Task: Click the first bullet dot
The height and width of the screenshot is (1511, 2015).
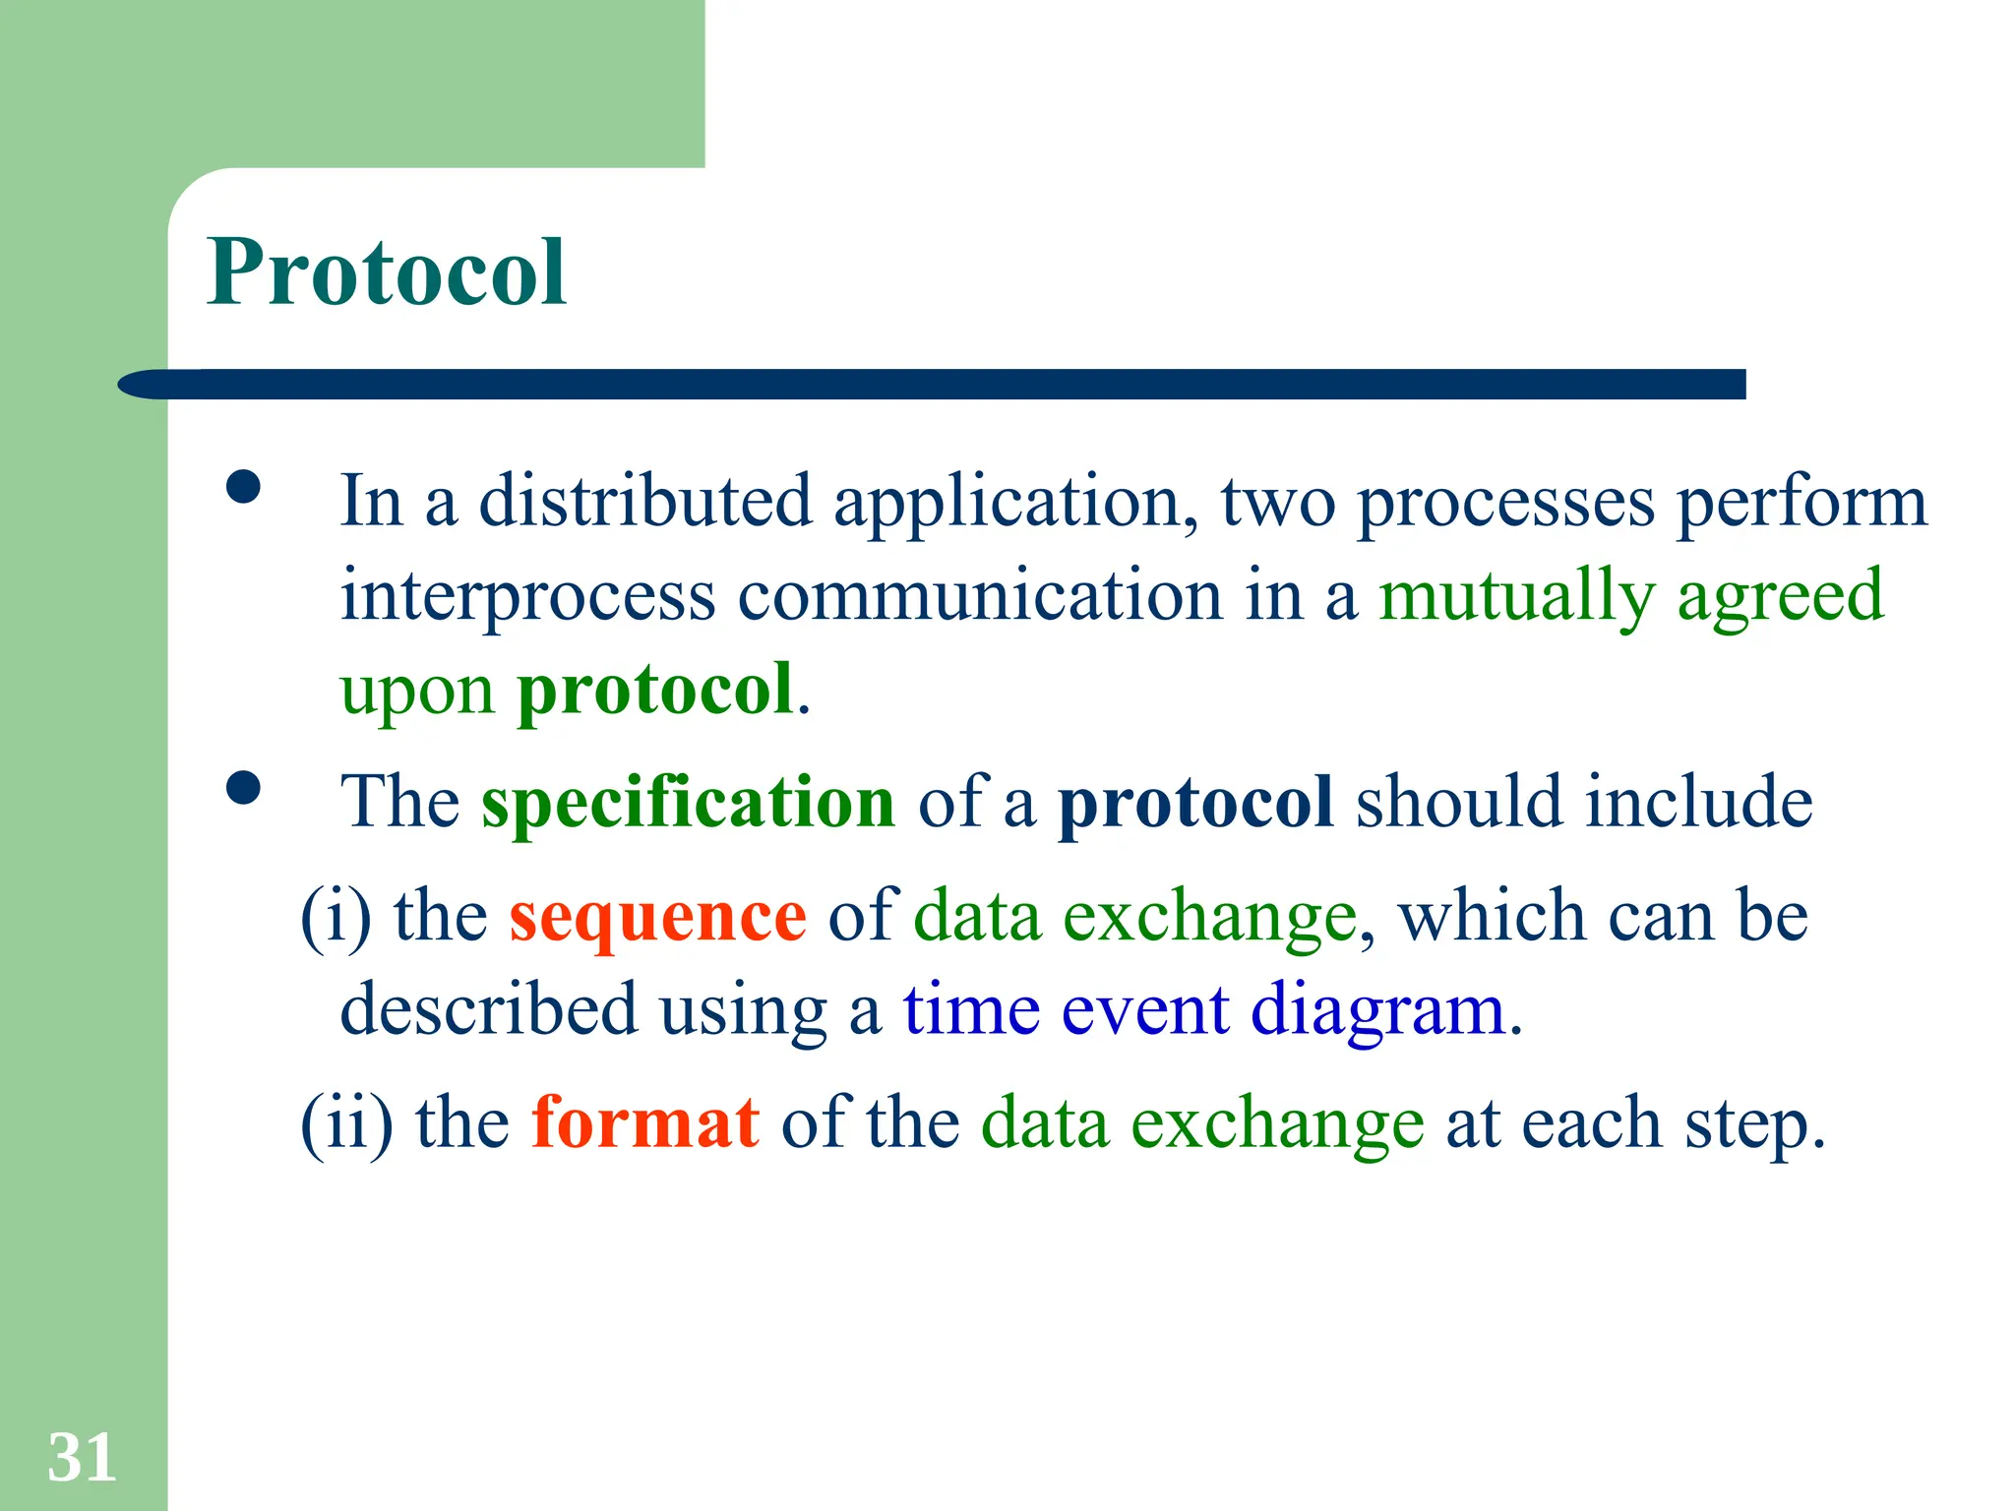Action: (x=243, y=487)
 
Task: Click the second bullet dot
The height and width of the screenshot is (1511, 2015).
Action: (x=243, y=788)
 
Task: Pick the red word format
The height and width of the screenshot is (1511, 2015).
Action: (x=645, y=1122)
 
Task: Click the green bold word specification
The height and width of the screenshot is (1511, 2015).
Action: (x=688, y=802)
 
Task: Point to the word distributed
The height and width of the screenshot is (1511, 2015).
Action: (x=644, y=501)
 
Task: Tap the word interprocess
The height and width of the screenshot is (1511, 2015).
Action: (x=527, y=596)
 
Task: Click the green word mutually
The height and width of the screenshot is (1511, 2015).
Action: (x=1516, y=596)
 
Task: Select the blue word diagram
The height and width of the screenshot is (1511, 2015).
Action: (x=1378, y=1011)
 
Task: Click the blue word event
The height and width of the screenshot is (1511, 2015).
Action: (x=1145, y=1011)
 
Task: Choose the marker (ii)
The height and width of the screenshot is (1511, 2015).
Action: (x=346, y=1122)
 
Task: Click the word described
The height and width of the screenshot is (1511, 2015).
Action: (x=488, y=1009)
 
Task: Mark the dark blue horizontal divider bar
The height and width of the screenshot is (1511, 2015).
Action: (x=935, y=385)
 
